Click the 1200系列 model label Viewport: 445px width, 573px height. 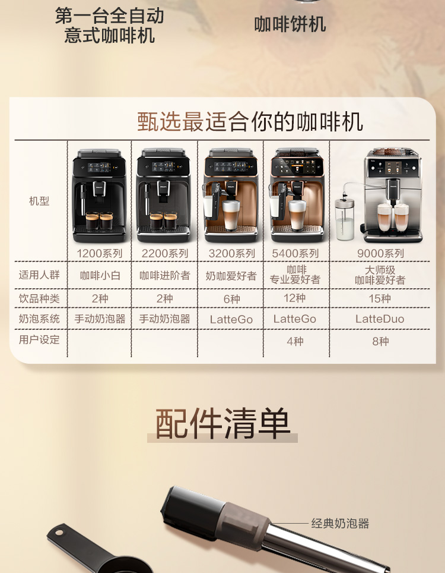point(99,253)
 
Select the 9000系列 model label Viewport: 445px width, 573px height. point(380,253)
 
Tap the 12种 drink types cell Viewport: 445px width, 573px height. point(295,298)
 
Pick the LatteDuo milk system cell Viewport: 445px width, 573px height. point(380,319)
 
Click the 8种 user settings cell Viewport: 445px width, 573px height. point(380,341)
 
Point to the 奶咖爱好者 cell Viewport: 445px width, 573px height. point(231,276)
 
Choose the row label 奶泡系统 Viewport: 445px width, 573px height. point(39,319)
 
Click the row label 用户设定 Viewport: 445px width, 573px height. point(39,340)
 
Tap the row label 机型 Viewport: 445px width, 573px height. point(39,201)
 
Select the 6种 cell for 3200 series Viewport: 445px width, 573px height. point(231,299)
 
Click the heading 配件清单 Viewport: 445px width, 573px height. point(223,423)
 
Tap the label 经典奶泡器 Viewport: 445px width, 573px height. point(340,523)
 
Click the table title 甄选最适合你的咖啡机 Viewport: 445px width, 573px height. point(250,122)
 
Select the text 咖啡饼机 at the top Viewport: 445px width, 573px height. point(290,24)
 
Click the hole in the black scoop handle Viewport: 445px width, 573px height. point(59,533)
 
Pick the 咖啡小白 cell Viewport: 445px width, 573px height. point(100,276)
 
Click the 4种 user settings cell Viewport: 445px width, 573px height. point(295,341)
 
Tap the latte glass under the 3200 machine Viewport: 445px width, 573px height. point(231,215)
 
